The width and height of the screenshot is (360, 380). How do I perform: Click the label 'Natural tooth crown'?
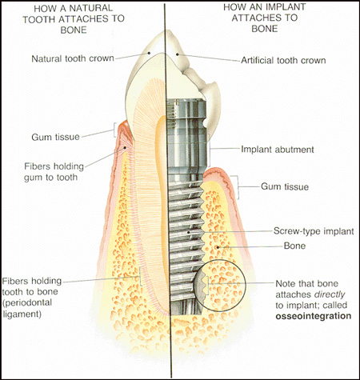(x=73, y=58)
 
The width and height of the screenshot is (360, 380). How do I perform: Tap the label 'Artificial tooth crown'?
(x=283, y=61)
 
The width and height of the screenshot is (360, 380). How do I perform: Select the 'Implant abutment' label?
(x=278, y=150)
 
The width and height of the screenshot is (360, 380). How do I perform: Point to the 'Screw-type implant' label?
(x=314, y=231)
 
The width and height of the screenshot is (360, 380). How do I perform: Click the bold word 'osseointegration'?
(x=314, y=316)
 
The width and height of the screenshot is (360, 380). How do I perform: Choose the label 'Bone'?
(x=294, y=246)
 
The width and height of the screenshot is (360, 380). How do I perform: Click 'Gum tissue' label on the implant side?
(x=285, y=186)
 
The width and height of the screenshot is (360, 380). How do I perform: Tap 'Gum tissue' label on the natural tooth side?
(x=55, y=137)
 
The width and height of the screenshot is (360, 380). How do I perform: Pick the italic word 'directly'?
(x=330, y=294)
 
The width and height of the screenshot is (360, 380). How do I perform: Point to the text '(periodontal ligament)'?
(x=27, y=308)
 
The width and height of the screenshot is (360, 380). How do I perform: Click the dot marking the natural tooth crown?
(x=150, y=53)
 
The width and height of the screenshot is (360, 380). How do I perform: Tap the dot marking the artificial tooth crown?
(x=177, y=54)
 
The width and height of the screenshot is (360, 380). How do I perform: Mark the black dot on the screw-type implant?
(x=189, y=232)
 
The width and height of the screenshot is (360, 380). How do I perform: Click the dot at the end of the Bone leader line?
(x=218, y=247)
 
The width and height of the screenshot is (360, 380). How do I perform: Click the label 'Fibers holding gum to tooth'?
(x=54, y=172)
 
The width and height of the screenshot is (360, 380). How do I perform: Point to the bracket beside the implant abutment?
(x=209, y=150)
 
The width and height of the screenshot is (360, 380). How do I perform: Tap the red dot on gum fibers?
(x=125, y=147)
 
